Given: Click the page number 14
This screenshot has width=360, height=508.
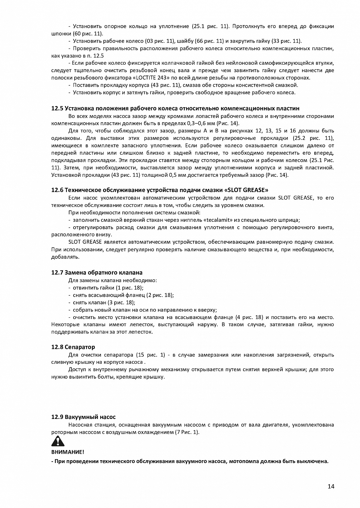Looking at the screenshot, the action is [x=331, y=486].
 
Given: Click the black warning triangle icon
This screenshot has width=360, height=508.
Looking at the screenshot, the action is [x=58, y=441].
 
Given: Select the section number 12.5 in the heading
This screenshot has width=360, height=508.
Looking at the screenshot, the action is [x=57, y=108].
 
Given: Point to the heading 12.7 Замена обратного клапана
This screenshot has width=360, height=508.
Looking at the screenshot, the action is [x=97, y=272].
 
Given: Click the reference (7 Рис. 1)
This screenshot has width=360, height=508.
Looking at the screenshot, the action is [x=187, y=432].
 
